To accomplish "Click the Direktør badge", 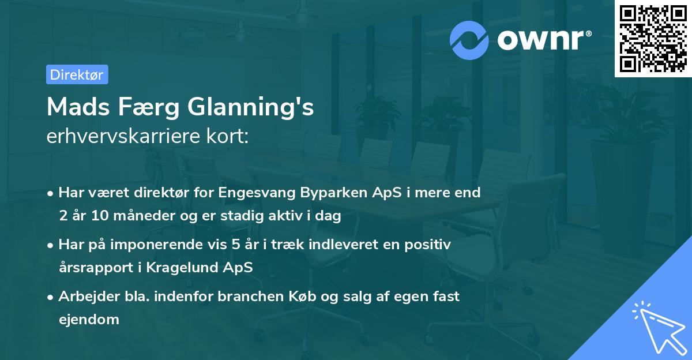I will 77,74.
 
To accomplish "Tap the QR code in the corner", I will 653,38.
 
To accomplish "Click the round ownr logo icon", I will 469,40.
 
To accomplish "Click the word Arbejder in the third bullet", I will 86,297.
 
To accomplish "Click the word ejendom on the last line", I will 89,319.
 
